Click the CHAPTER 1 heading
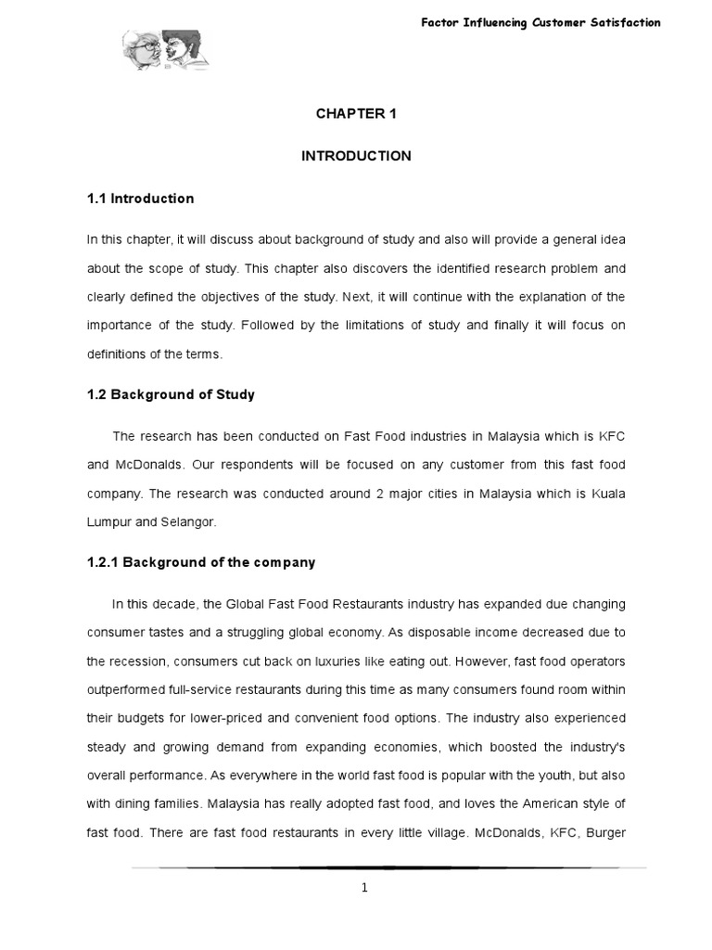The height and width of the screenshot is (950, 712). [356, 114]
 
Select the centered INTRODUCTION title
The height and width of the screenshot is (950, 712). [356, 156]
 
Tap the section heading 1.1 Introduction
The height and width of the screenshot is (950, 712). [140, 199]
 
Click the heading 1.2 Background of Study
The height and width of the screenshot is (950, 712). [171, 394]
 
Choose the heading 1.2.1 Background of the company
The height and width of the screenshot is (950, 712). [201, 562]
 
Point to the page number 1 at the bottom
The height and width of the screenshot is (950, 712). [364, 887]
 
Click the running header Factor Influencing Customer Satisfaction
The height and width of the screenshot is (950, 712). [539, 22]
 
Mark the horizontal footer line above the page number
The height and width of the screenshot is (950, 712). [388, 867]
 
